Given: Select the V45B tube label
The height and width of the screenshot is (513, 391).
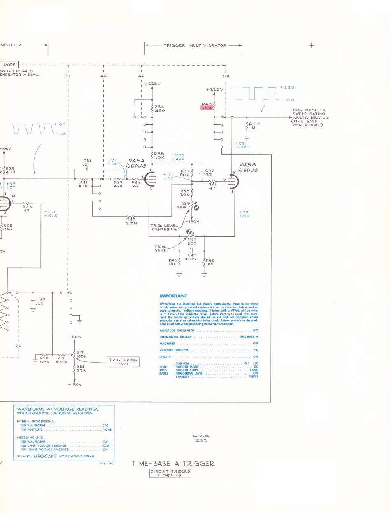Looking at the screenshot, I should coord(249,166).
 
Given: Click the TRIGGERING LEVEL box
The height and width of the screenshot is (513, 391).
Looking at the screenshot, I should coord(122,362).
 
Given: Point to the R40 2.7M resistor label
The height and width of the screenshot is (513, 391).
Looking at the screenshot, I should coord(132,221).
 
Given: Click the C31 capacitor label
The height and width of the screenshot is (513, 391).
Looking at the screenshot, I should coord(87,163).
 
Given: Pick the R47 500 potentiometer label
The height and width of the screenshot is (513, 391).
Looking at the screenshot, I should coord(192,241).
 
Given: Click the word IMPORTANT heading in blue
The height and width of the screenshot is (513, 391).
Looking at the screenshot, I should coord(173,296).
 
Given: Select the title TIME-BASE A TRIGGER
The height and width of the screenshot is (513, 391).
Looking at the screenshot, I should coord(173,463).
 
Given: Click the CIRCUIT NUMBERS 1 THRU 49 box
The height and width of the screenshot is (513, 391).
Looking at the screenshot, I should coord(170,473).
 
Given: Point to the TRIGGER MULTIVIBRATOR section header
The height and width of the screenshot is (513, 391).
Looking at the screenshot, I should coord(195,45).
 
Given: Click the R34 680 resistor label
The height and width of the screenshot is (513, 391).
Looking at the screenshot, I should coord(159,108).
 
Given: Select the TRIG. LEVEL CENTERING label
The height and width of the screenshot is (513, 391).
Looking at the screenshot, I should coord(165,227).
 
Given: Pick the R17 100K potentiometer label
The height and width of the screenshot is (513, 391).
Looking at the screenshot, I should coord(81,354).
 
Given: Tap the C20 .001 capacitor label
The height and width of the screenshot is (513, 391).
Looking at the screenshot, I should coord(40,301).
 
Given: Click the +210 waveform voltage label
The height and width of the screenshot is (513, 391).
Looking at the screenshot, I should coord(288,100).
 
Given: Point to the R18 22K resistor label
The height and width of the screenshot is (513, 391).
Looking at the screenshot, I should coord(81,368).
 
